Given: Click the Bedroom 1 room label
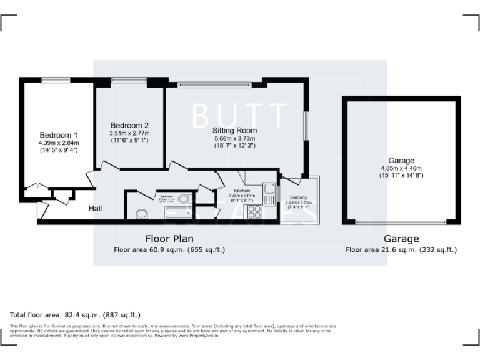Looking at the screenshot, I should click(x=59, y=135).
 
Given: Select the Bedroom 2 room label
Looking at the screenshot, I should click(x=129, y=125).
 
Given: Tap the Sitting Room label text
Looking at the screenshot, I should click(x=235, y=130).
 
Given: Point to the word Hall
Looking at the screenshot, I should click(x=96, y=208).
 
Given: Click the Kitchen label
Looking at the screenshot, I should click(x=242, y=190).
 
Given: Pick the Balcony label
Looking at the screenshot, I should click(x=298, y=198).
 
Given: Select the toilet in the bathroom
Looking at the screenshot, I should click(x=183, y=199).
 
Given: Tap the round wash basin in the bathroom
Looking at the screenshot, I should click(x=142, y=214).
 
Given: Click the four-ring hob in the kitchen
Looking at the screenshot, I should click(x=255, y=212).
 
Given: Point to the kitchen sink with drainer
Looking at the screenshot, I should click(x=269, y=193).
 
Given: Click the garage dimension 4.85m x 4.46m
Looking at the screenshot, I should click(x=401, y=168).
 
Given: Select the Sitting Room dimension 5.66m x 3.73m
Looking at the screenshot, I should click(x=235, y=138).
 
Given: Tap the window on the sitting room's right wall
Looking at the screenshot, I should click(x=306, y=127).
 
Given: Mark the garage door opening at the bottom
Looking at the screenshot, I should click(x=401, y=222).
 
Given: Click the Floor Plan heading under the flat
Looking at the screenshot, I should click(x=169, y=239).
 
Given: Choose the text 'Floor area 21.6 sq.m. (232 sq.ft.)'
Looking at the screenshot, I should click(x=401, y=250).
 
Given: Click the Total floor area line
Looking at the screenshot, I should click(x=76, y=315).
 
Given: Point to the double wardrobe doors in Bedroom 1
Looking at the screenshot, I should click(x=34, y=187).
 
